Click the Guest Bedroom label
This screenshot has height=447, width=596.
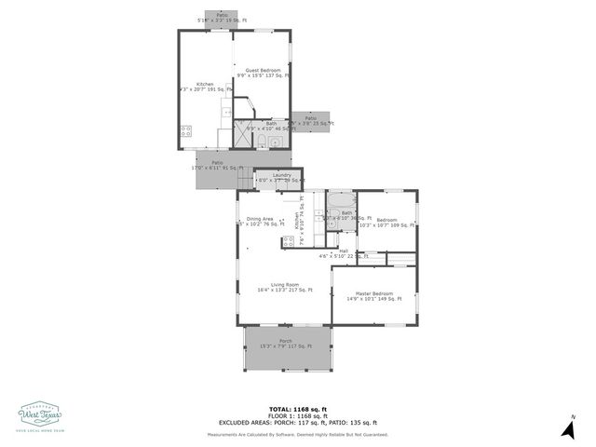(263, 70)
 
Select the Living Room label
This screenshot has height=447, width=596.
(284, 285)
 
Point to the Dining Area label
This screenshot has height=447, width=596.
(260, 219)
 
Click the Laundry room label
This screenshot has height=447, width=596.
(281, 175)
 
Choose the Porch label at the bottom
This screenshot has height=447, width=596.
(285, 341)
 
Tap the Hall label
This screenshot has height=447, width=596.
(344, 251)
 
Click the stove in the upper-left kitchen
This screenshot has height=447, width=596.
(186, 131)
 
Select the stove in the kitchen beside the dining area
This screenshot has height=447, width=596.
(289, 242)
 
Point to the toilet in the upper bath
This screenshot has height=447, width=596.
(264, 142)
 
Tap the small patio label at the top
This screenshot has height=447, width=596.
(222, 15)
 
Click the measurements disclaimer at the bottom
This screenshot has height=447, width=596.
(298, 434)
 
